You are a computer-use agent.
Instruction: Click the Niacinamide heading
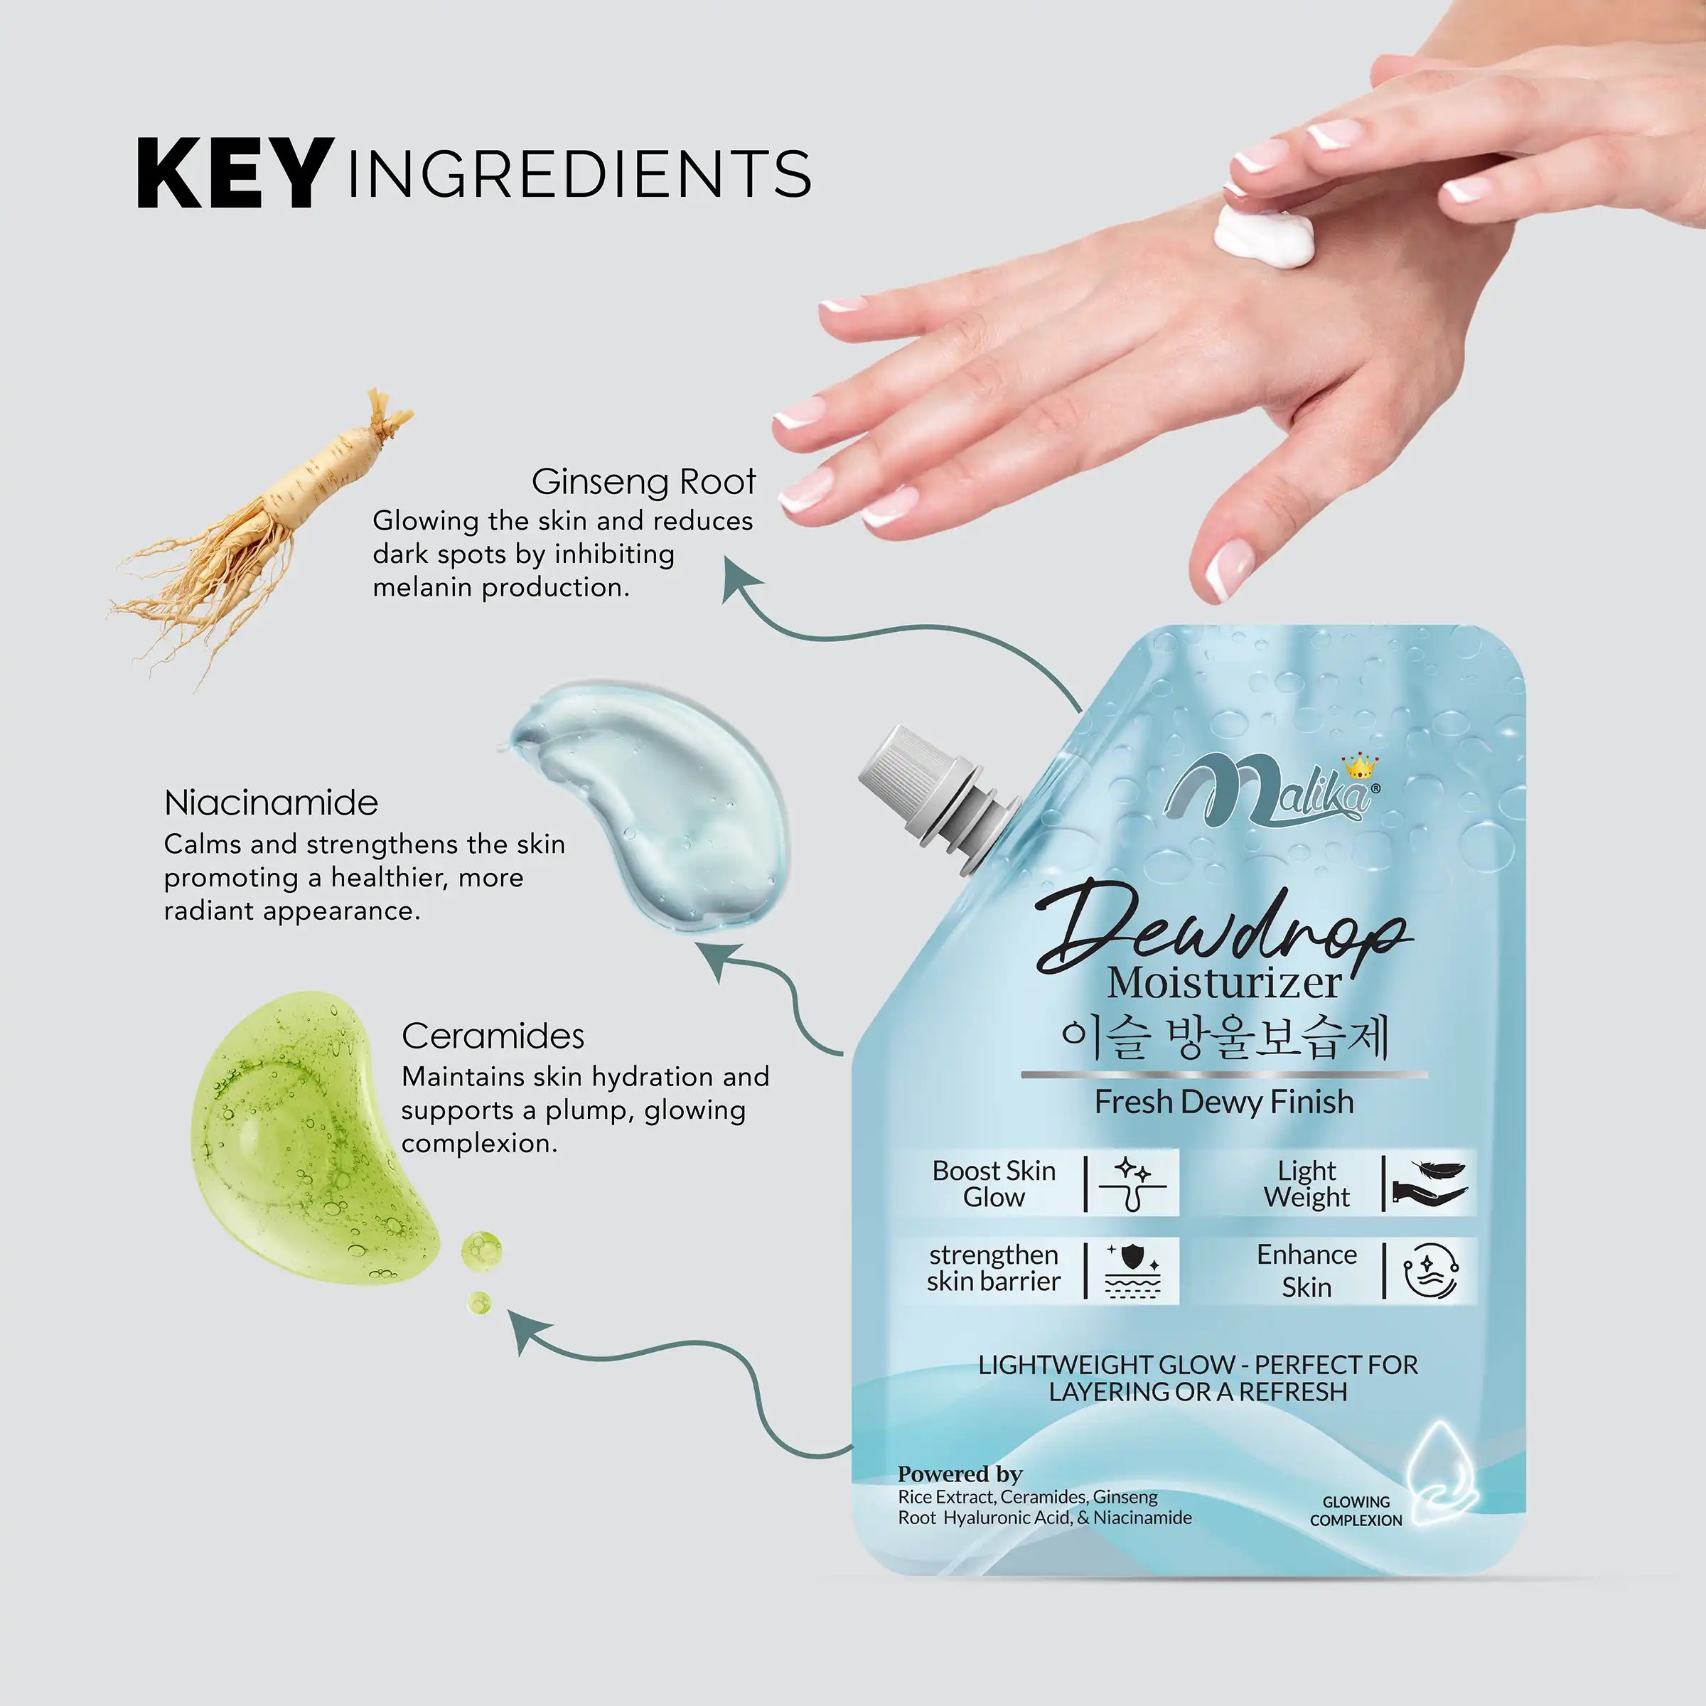coord(271,803)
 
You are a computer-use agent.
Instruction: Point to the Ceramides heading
coord(493,1036)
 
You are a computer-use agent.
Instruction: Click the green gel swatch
coord(309,1139)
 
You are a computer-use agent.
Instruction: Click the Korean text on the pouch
coord(1225,1039)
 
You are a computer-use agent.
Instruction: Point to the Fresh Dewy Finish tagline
coord(1224,1102)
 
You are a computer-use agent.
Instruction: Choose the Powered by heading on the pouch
coord(960,1474)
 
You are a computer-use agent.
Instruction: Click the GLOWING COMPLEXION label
coord(1356,1511)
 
